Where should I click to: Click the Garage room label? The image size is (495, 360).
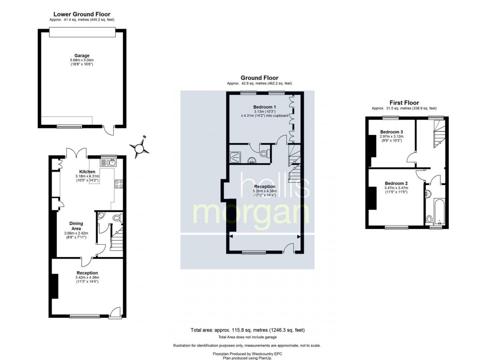[82, 56]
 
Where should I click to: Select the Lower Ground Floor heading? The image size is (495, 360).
[82, 14]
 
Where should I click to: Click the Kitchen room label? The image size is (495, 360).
[87, 172]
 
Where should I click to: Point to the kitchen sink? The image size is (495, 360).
[109, 162]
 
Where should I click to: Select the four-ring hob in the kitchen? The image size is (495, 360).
[120, 183]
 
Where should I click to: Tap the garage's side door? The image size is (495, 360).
[108, 130]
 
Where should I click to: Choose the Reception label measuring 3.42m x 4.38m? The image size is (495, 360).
[87, 273]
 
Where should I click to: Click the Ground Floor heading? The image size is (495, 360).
[259, 78]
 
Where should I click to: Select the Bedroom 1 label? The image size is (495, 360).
[261, 107]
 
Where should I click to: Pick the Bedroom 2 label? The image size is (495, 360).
[396, 183]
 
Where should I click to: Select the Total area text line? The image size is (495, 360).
[247, 330]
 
